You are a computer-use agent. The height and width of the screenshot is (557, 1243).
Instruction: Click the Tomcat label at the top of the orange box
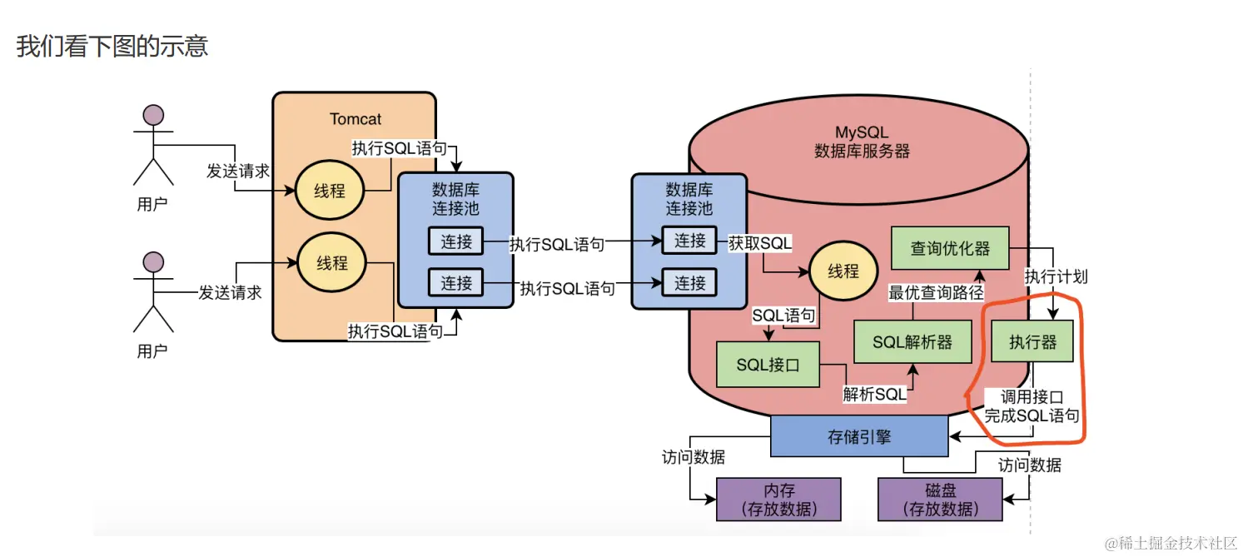(355, 119)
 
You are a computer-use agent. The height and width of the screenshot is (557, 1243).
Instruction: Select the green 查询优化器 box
(949, 248)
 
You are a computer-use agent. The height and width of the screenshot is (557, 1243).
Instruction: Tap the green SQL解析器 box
(912, 342)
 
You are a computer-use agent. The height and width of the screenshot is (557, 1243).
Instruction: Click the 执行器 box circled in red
(1032, 342)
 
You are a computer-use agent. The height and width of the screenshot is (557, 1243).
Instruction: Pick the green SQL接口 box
(768, 365)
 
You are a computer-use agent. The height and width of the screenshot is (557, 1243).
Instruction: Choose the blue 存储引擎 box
(859, 436)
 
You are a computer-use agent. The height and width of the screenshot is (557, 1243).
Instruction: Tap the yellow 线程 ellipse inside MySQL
(843, 271)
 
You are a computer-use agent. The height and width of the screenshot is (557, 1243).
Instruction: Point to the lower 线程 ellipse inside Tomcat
(331, 263)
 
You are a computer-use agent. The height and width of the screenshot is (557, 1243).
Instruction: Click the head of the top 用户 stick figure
(153, 115)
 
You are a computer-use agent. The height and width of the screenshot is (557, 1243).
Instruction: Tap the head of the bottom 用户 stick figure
(153, 263)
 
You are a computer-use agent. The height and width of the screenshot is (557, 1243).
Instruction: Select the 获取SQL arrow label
(760, 242)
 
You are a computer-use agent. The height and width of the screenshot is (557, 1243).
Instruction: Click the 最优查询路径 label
(936, 293)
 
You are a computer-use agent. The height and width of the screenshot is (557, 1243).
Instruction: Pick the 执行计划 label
(1055, 276)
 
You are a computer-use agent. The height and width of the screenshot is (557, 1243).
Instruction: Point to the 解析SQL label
(874, 395)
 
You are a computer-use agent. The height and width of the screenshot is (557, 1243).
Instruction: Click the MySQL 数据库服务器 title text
(862, 142)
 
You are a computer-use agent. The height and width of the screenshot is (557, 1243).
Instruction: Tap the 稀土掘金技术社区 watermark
(1170, 543)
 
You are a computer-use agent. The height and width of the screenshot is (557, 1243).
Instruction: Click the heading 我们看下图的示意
(112, 46)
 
